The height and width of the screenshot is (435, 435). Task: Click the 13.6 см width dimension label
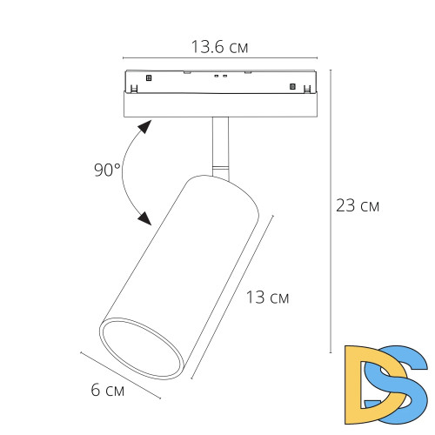tap(219, 47)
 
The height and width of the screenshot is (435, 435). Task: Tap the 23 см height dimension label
tap(358, 205)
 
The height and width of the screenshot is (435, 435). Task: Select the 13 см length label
tap(267, 298)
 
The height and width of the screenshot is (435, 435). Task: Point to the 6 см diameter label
tap(108, 390)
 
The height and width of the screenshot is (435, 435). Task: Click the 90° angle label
tap(107, 170)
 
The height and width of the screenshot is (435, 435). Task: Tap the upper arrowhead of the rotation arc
tap(145, 126)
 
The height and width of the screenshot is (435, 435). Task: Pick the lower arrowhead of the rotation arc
tap(144, 218)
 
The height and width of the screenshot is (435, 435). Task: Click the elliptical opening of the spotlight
tap(142, 348)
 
